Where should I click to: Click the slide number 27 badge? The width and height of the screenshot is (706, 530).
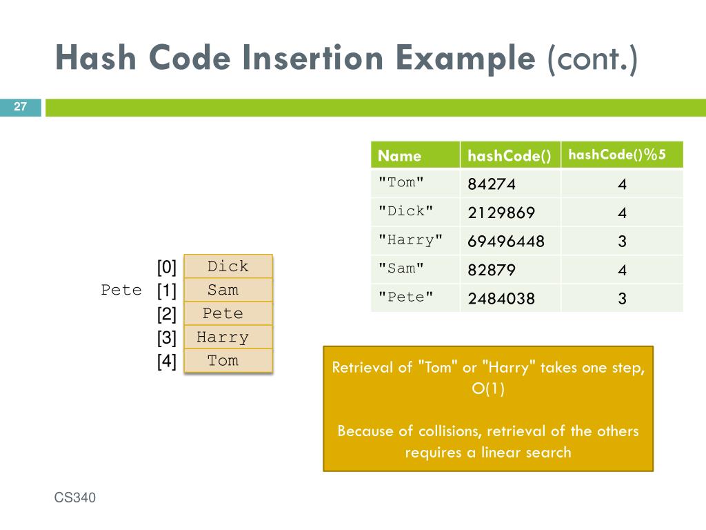(20, 107)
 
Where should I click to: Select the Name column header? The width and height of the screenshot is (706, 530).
(400, 155)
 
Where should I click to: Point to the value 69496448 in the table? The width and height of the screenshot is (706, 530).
(506, 242)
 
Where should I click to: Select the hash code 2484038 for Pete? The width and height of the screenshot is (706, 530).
(501, 298)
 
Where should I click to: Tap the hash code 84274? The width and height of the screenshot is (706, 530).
(492, 184)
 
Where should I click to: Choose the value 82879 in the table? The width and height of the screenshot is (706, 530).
(492, 270)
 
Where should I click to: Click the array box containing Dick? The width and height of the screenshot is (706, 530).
(228, 266)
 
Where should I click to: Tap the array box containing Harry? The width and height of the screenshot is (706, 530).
(223, 337)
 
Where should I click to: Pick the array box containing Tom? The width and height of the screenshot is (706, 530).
(223, 360)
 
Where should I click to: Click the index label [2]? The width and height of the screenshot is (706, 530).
(167, 315)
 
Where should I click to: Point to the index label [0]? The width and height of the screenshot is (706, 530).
(167, 267)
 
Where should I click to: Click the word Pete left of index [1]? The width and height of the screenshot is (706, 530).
(121, 290)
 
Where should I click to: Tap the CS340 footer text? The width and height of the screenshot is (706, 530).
(75, 498)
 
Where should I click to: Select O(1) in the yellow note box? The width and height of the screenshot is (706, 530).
(488, 389)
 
